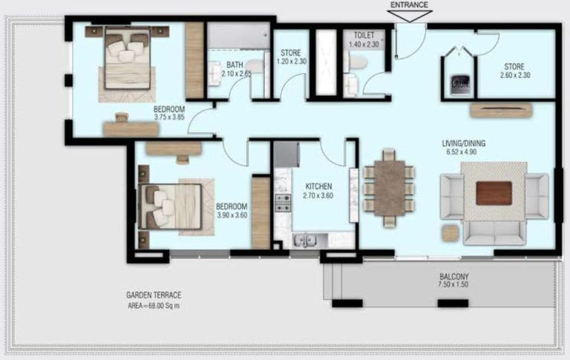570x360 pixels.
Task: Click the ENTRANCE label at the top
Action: tap(409, 4)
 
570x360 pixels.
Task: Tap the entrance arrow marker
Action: tap(409, 16)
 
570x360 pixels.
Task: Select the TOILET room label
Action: tap(364, 35)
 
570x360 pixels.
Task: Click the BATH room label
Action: tap(235, 64)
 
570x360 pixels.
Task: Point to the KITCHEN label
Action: tap(318, 186)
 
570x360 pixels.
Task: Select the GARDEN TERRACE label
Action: tap(153, 295)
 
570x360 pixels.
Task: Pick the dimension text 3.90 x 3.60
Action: tap(231, 215)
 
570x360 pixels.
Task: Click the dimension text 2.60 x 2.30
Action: tap(515, 75)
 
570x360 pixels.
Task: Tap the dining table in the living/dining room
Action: tap(389, 187)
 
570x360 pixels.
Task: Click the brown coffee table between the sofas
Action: tap(494, 193)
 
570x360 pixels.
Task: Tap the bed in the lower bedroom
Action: tap(173, 205)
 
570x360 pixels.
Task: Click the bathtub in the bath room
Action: tap(237, 35)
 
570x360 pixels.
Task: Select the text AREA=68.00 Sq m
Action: tap(153, 305)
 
